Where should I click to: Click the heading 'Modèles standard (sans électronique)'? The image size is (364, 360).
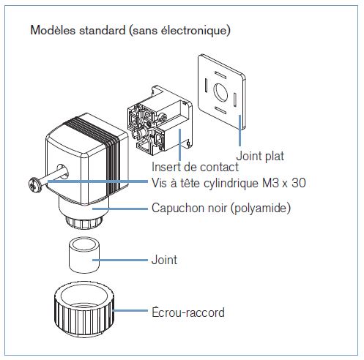(130, 31)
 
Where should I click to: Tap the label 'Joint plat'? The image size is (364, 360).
(260, 156)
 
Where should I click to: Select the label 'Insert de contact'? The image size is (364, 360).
(195, 168)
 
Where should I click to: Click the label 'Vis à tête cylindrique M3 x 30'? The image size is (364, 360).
(229, 183)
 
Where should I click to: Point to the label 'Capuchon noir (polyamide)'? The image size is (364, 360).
(221, 208)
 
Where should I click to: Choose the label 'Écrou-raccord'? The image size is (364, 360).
(188, 312)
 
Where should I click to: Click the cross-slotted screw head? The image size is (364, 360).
(34, 184)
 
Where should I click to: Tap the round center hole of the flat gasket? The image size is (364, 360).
(220, 93)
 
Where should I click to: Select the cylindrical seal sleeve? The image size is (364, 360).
(84, 255)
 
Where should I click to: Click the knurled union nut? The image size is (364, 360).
(84, 309)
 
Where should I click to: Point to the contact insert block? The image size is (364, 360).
(160, 119)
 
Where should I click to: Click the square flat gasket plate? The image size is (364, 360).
(222, 91)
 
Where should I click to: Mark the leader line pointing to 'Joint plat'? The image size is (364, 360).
(240, 130)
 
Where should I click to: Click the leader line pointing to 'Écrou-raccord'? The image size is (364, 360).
(130, 310)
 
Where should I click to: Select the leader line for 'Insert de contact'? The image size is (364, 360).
(180, 144)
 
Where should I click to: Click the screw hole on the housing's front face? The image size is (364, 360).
(63, 170)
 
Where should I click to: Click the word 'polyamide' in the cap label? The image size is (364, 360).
(261, 209)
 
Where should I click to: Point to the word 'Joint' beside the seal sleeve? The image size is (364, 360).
(164, 260)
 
